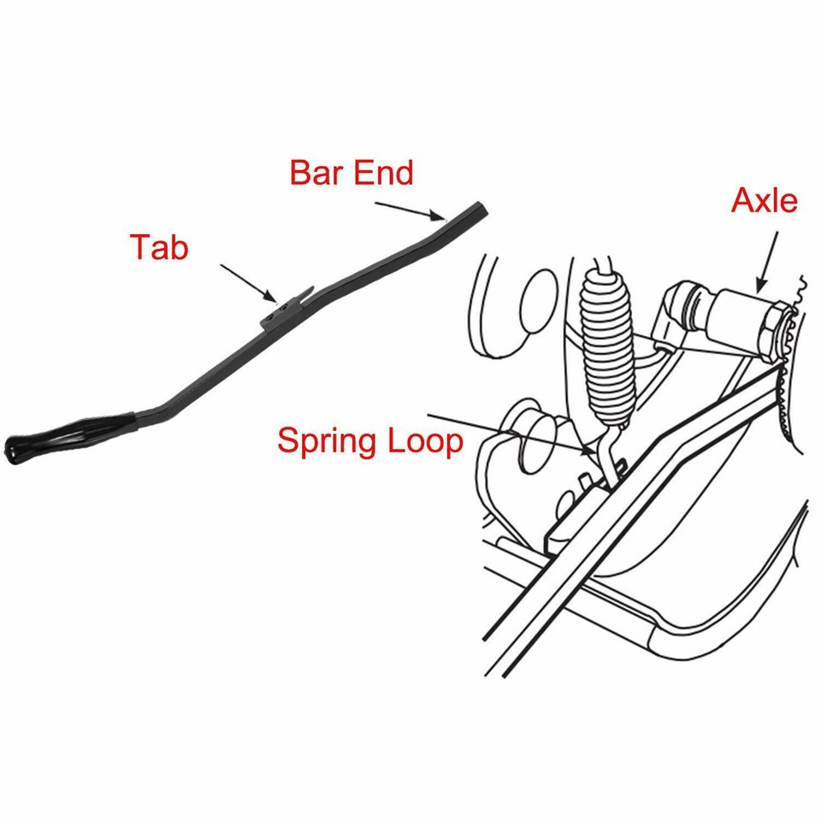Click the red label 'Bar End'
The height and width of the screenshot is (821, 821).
coord(351,172)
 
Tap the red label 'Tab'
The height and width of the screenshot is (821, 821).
coord(159,246)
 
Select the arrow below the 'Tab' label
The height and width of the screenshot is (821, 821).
coord(249,282)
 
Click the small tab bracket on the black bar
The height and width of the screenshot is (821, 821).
coord(282,311)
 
